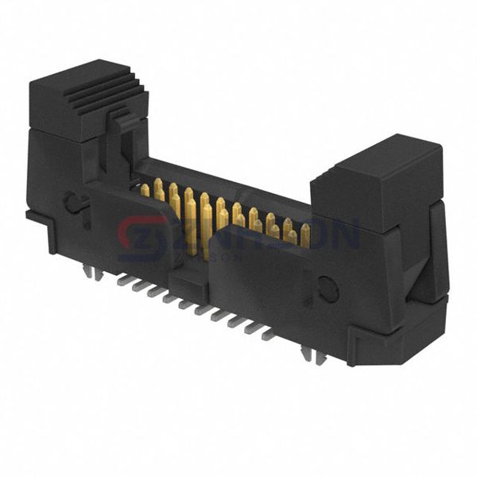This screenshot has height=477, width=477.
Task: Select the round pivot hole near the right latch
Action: coord(328,289)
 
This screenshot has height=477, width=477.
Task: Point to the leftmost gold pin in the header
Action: coord(145,190)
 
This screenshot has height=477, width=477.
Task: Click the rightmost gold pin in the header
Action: coord(305,235)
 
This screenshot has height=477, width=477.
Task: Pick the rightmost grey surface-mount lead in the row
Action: coord(268,335)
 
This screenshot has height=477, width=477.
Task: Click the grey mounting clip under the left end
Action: coord(92,273)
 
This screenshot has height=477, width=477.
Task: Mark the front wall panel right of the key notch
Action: coord(262,286)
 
